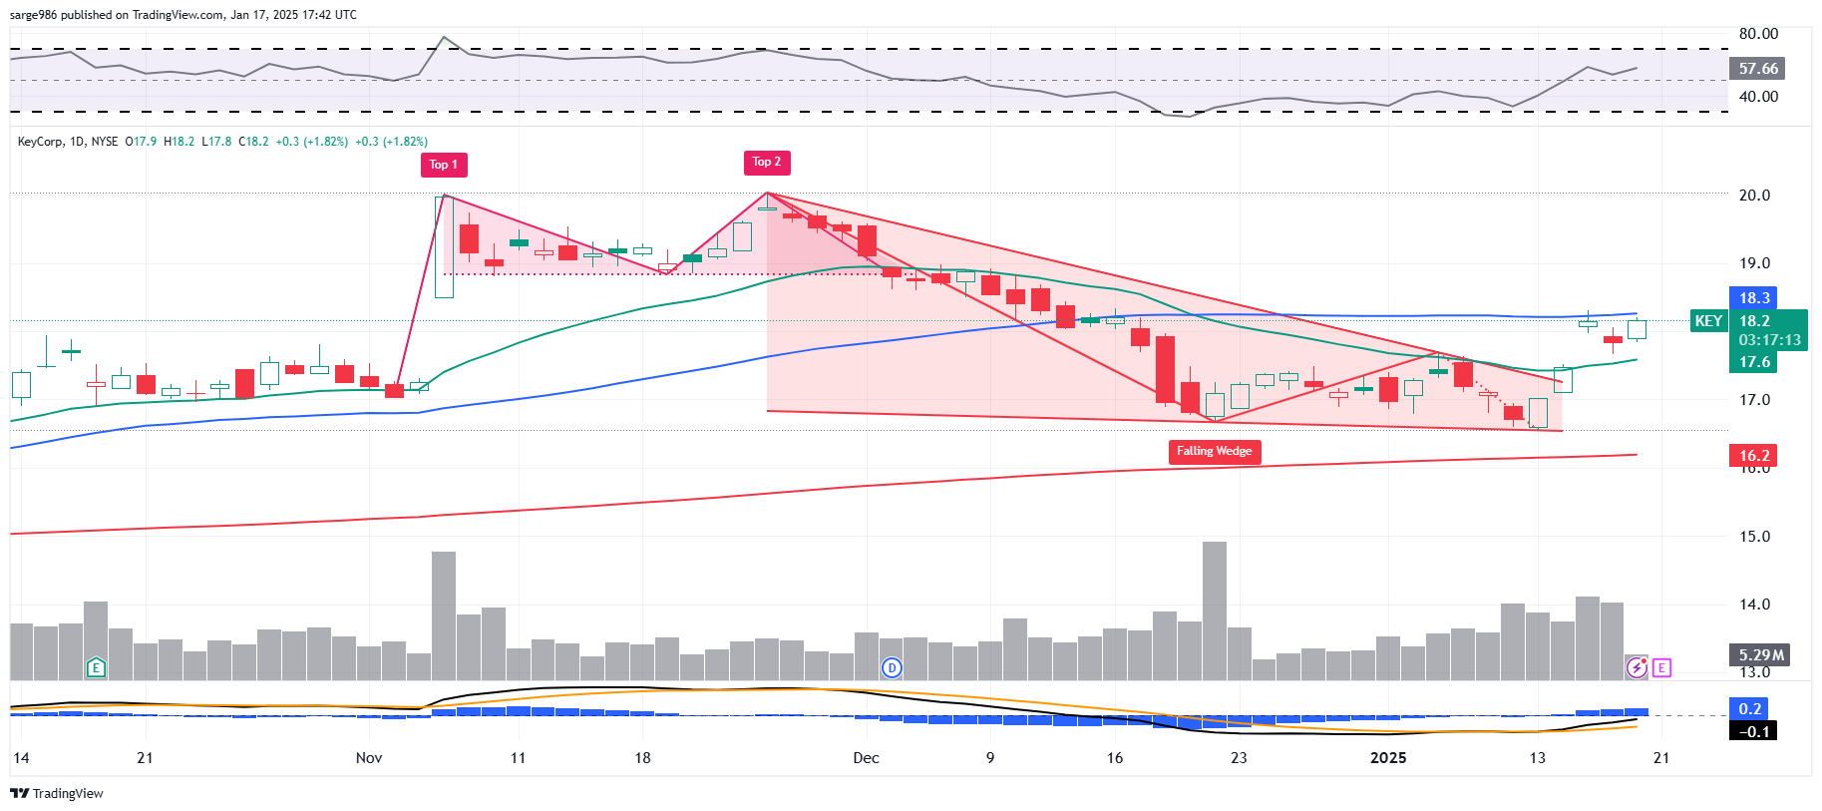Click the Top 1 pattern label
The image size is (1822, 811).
coord(443,165)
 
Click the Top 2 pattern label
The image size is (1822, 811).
coord(766,162)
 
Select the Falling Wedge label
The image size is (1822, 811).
coord(1214,451)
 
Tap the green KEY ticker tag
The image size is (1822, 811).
coord(1708,321)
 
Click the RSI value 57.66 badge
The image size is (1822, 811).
coord(1757,69)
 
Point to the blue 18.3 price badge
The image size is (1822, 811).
coord(1754,298)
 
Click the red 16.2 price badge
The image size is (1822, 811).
coord(1754,456)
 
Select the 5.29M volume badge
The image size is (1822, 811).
coord(1760,655)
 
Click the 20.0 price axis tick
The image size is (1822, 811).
coord(1754,196)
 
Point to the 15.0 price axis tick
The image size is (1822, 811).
coord(1754,537)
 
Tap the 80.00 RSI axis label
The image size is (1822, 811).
coord(1758,34)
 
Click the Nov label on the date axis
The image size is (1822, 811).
coord(369,758)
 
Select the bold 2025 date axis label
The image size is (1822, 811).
coord(1388,758)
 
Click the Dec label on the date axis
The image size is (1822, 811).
coord(866,758)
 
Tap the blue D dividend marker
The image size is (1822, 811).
coord(892,667)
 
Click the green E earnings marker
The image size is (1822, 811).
coord(96,667)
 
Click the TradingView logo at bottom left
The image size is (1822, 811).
coord(57,793)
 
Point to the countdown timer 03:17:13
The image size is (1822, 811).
coord(1769,340)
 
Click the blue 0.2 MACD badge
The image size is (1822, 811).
coord(1750,709)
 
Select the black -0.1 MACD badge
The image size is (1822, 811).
coord(1754,731)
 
